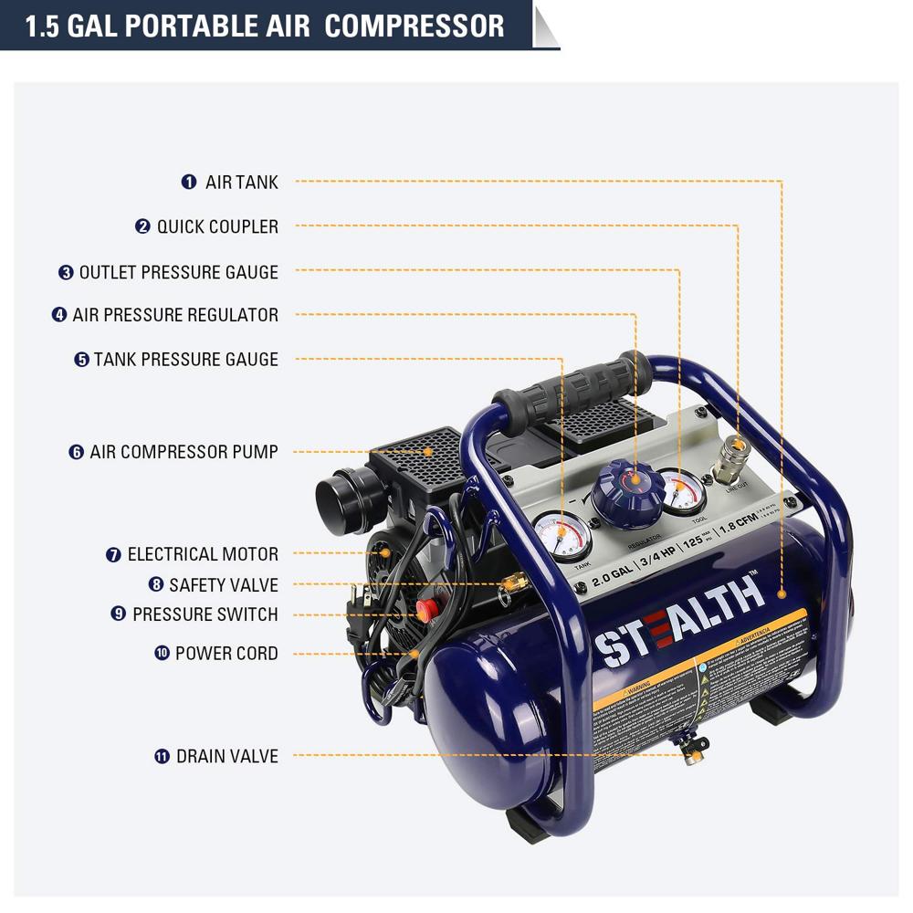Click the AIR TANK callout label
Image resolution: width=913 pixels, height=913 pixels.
click(241, 182)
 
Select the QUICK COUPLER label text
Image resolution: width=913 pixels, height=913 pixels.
click(217, 226)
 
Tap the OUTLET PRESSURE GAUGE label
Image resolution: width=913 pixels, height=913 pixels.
click(178, 272)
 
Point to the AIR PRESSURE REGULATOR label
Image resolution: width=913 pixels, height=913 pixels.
click(175, 315)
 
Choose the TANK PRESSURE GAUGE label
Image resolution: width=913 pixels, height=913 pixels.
click(185, 360)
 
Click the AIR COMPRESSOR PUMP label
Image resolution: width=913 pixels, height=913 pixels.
click(184, 452)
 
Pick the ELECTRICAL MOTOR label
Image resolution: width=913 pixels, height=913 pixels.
click(203, 554)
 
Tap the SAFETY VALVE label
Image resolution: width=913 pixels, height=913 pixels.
click(223, 585)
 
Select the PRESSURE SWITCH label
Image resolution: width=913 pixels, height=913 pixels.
click(205, 614)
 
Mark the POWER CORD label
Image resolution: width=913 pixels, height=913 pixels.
click(226, 654)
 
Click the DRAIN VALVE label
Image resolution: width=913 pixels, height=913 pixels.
click(226, 756)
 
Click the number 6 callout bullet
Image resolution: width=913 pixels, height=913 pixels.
click(77, 452)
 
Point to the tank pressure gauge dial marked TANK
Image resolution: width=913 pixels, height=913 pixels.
click(561, 539)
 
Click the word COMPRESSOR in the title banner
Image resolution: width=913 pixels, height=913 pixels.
click(414, 26)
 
